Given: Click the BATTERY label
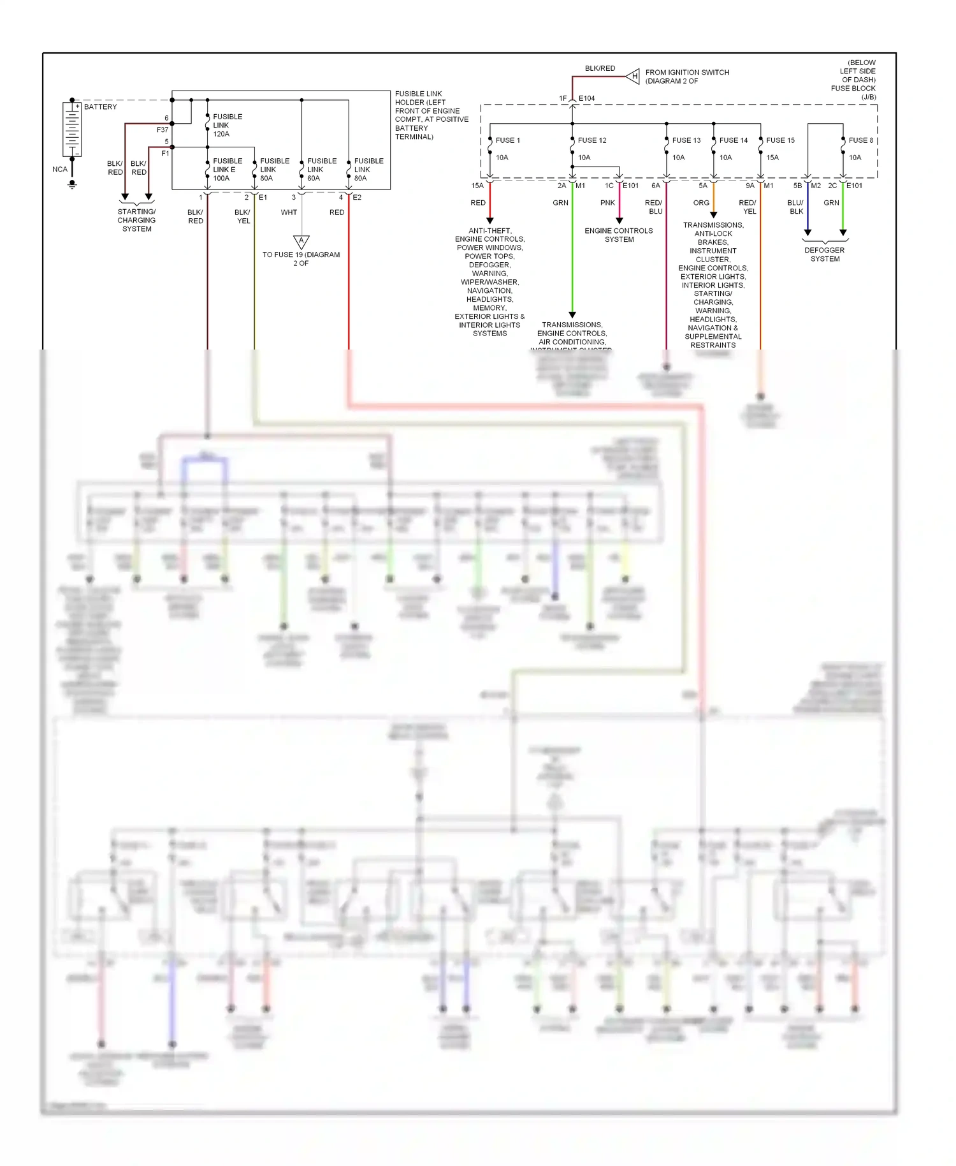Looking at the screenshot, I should pyautogui.click(x=100, y=107).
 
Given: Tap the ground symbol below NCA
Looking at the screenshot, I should pyautogui.click(x=72, y=184).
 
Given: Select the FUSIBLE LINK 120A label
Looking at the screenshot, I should pyautogui.click(x=227, y=125).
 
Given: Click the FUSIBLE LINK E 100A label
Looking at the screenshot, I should pyautogui.click(x=227, y=170).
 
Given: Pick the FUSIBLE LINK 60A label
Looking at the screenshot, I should pyautogui.click(x=321, y=170).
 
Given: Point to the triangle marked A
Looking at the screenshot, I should pyautogui.click(x=301, y=242).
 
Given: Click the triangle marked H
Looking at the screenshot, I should pyautogui.click(x=634, y=77).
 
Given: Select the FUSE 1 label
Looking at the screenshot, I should pyautogui.click(x=507, y=140).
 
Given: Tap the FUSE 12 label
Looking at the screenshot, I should pyautogui.click(x=591, y=140).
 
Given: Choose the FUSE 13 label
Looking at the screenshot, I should pyautogui.click(x=686, y=140).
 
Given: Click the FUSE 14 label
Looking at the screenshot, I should pyautogui.click(x=733, y=140).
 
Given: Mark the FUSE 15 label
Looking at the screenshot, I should pyautogui.click(x=780, y=140).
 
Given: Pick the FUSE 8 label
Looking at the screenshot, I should pyautogui.click(x=860, y=140).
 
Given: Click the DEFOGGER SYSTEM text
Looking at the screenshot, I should pyautogui.click(x=825, y=255).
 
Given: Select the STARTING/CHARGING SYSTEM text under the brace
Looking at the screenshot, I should pyautogui.click(x=136, y=220).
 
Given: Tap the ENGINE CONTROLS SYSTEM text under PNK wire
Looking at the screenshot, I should pyautogui.click(x=618, y=235).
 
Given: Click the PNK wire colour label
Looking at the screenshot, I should pyautogui.click(x=607, y=203).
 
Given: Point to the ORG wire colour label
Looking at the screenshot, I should pyautogui.click(x=701, y=203).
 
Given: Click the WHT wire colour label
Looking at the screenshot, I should pyautogui.click(x=289, y=212).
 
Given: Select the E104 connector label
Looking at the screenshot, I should pyautogui.click(x=586, y=98).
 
